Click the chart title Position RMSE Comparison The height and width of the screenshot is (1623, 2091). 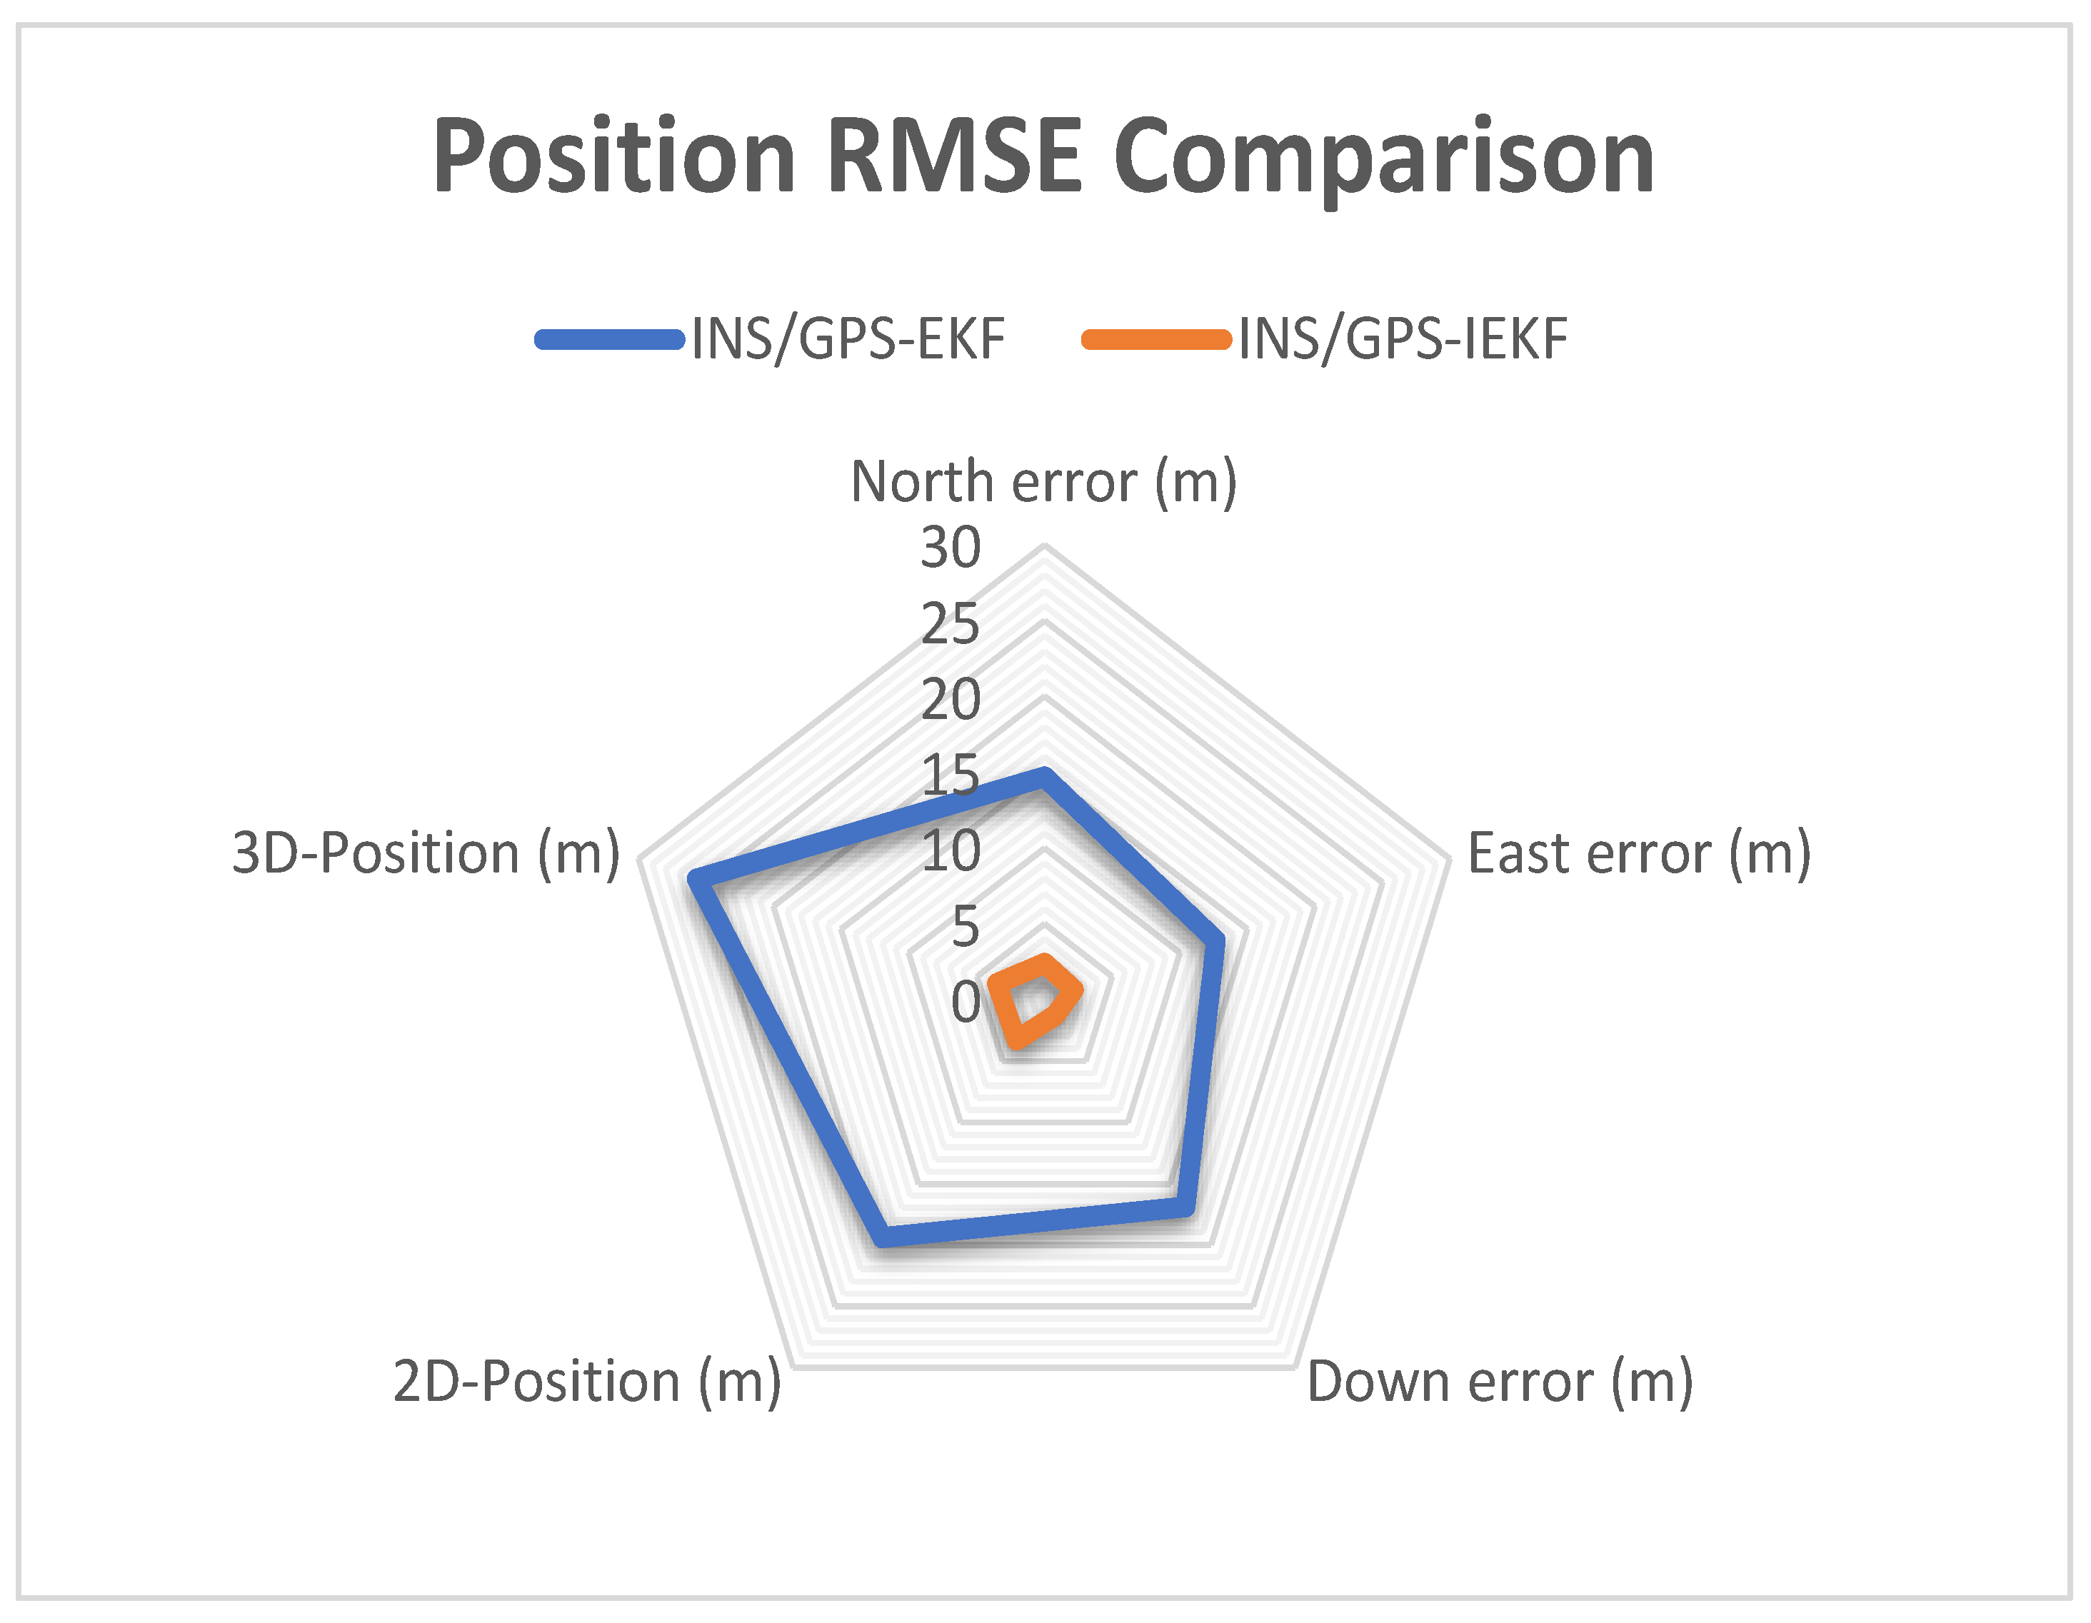pyautogui.click(x=1043, y=158)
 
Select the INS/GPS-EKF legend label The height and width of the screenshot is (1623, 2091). pyautogui.click(x=848, y=339)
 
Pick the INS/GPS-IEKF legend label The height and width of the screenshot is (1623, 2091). pyautogui.click(x=1403, y=339)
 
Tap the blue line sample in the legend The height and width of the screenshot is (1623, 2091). pyautogui.click(x=610, y=339)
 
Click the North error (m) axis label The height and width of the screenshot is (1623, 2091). pyautogui.click(x=1043, y=482)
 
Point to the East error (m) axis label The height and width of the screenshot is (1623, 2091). pyautogui.click(x=1639, y=853)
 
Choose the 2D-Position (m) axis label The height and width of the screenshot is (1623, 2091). pyautogui.click(x=587, y=1382)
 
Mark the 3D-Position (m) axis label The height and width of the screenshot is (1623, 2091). pyautogui.click(x=426, y=853)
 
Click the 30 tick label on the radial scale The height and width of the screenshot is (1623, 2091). pyautogui.click(x=951, y=548)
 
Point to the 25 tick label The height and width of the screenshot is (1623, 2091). pyautogui.click(x=951, y=624)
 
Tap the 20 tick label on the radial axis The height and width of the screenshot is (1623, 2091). pyautogui.click(x=951, y=699)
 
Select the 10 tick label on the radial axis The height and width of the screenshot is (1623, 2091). pyautogui.click(x=951, y=850)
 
